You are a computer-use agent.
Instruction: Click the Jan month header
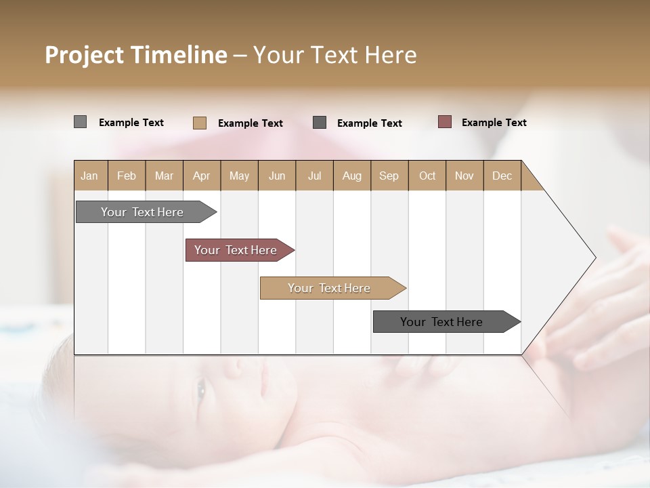coord(90,176)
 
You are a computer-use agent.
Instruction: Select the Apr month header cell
coord(201,176)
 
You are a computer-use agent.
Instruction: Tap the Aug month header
coord(351,176)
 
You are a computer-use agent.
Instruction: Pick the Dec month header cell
coord(502,176)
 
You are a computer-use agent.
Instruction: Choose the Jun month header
coord(277,176)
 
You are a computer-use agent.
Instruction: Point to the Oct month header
coord(427,176)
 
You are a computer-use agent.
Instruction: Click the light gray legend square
coord(80,122)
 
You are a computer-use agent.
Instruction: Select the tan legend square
coord(200,123)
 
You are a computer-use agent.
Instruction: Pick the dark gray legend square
coord(320,123)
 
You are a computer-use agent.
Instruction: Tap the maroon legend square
coord(444,122)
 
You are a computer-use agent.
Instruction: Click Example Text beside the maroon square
coord(494,123)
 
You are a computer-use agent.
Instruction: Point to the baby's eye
coord(201,388)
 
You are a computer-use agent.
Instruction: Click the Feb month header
coord(127,176)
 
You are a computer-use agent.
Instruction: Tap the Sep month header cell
coord(389,176)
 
